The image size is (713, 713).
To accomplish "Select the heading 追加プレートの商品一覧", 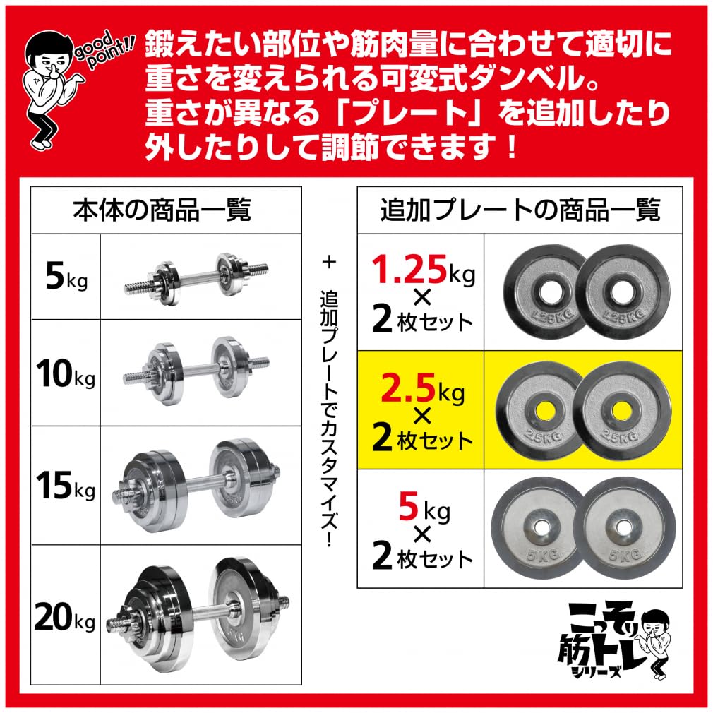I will click(x=520, y=210).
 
